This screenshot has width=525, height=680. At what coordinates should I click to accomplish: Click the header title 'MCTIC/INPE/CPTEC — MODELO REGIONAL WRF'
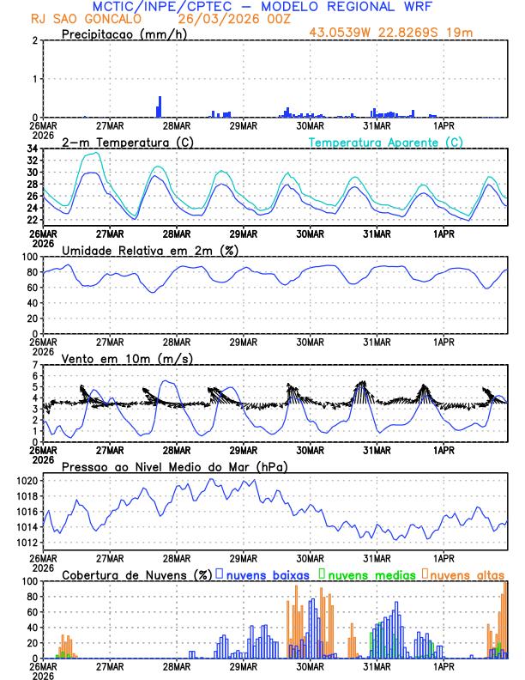coord(262,7)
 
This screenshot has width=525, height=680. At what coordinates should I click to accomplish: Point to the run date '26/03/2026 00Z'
coord(226,19)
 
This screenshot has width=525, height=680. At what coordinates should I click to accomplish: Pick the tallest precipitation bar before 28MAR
coord(159,106)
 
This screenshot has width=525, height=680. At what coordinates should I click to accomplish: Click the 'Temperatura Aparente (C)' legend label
coord(386,142)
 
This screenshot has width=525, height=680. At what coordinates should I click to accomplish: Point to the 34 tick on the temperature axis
coord(32,149)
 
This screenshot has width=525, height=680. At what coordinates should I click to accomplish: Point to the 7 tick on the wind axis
coord(35,365)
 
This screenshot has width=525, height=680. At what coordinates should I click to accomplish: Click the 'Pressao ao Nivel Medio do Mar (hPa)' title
coord(175,466)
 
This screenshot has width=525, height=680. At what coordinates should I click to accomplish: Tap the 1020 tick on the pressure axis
coord(27,481)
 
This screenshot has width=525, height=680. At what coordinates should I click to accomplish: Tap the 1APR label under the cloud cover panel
coord(444,666)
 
